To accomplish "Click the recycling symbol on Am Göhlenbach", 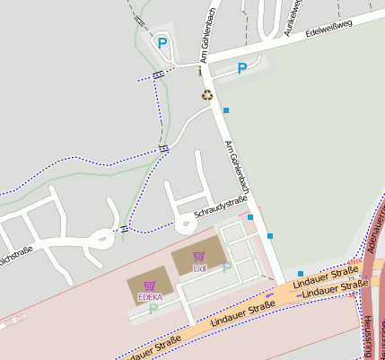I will pyautogui.click(x=207, y=94).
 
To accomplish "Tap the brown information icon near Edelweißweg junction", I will pyautogui.click(x=199, y=71).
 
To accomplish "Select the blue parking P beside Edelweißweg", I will pyautogui.click(x=241, y=68).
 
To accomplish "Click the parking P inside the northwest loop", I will pyautogui.click(x=162, y=42).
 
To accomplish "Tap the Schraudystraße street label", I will pyautogui.click(x=221, y=209).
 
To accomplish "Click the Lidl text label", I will pyautogui.click(x=199, y=268).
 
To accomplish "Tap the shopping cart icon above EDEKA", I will pyautogui.click(x=148, y=285).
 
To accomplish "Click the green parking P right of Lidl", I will pyautogui.click(x=226, y=266).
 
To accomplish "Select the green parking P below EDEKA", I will pyautogui.click(x=153, y=308).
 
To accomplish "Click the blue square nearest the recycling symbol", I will pyautogui.click(x=226, y=110).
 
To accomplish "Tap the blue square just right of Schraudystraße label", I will pyautogui.click(x=250, y=217).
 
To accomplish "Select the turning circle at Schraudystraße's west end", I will pyautogui.click(x=104, y=238).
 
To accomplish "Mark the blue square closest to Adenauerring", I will pyautogui.click(x=301, y=273).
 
